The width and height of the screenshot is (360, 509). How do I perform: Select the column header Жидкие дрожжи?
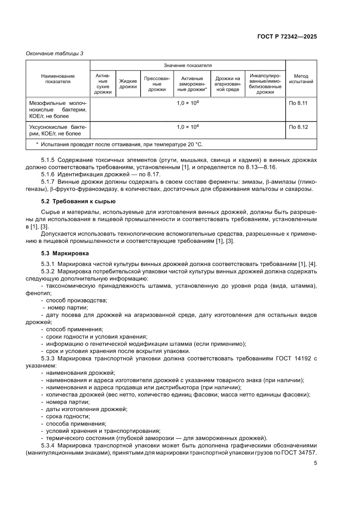128,84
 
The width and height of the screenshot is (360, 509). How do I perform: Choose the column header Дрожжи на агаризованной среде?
228,84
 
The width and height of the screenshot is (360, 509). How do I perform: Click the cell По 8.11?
298,104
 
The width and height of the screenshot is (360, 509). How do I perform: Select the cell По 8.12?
298,127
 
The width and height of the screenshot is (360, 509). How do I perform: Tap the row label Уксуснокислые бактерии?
58,130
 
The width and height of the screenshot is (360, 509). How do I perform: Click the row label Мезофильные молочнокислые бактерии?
58,110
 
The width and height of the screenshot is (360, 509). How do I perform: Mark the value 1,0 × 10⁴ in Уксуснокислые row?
188,127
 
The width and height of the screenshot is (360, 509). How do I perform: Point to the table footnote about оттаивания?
119,144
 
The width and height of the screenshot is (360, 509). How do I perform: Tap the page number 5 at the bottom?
315,463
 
